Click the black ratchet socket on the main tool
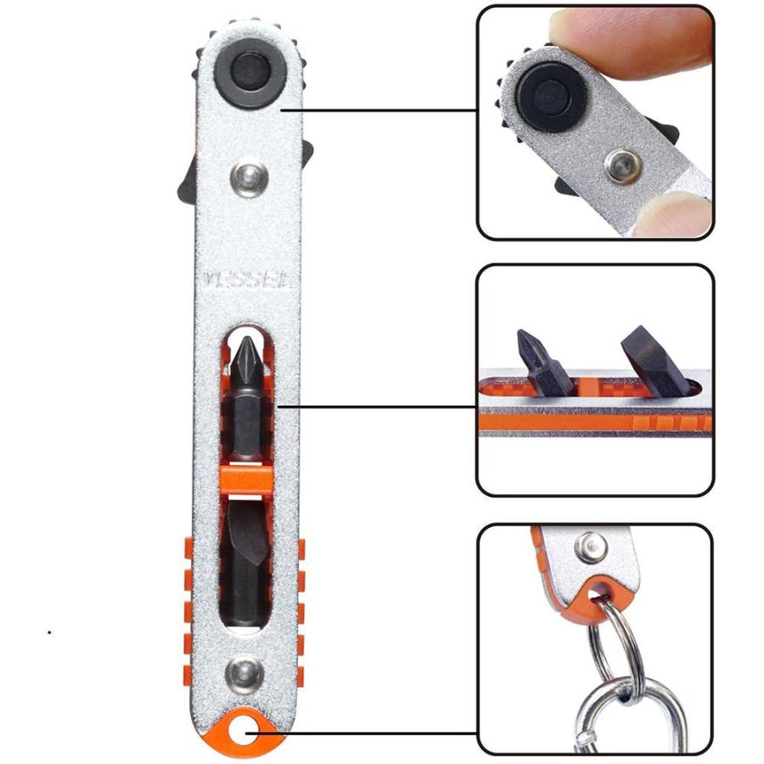point(249,78)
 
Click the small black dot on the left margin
point(49,632)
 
